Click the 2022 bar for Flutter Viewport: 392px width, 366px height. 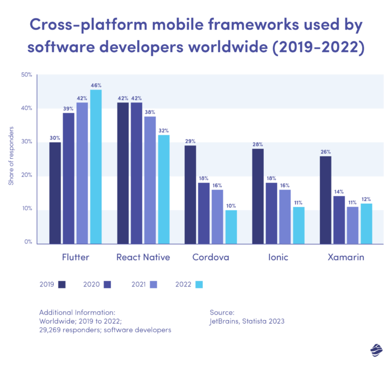click(x=96, y=167)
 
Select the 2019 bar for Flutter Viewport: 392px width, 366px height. click(x=55, y=193)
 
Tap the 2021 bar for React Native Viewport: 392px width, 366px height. click(x=150, y=180)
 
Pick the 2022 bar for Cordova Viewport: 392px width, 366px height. click(x=231, y=227)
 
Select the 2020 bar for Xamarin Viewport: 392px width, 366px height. click(x=339, y=220)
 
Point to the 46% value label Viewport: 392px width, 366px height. click(x=96, y=85)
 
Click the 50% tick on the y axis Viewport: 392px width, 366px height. click(x=26, y=74)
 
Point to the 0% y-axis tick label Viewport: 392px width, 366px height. click(x=28, y=242)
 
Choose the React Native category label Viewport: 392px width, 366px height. click(x=143, y=258)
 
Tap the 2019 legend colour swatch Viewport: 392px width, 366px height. click(x=62, y=284)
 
